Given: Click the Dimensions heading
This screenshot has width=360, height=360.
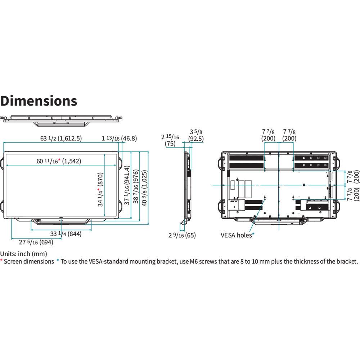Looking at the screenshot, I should click(x=39, y=101).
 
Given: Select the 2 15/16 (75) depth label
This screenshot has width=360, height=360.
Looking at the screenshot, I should click(x=170, y=140).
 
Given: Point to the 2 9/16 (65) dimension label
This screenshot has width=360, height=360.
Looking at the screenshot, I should click(x=182, y=235).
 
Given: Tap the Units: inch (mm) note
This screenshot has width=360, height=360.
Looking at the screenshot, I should click(x=23, y=254).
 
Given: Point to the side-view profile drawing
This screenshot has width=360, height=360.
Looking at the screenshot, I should click(x=187, y=187).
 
